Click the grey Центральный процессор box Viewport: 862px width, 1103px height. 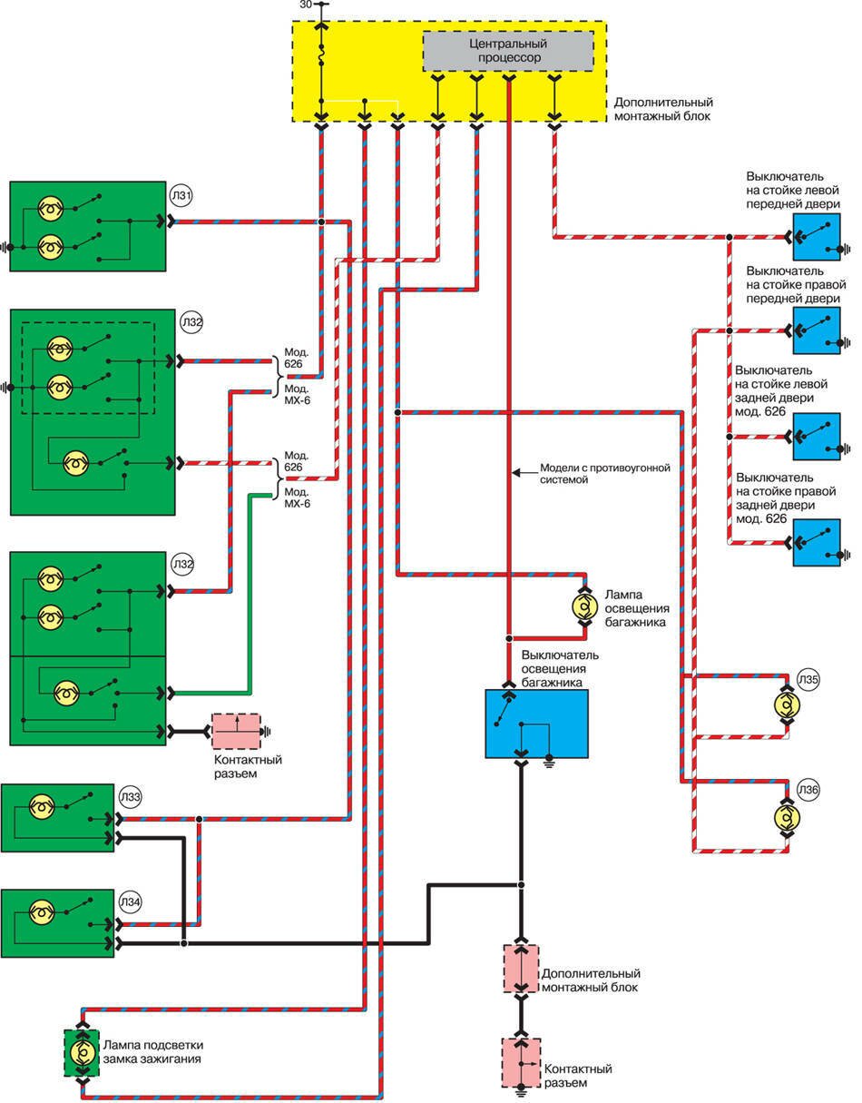[508, 51]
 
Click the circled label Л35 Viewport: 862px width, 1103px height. [808, 679]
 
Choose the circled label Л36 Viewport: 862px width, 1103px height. [808, 790]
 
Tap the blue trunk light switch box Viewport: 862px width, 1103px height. [536, 723]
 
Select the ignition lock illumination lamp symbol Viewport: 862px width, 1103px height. [82, 1054]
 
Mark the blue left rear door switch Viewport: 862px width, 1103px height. [817, 437]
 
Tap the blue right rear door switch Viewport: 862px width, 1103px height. [817, 542]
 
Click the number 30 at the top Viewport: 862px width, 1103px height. [305, 5]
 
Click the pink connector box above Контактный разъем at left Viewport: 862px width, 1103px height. [235, 731]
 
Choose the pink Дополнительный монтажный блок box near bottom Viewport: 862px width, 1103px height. [521, 969]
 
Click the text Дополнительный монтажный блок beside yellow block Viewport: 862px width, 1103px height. [663, 109]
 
